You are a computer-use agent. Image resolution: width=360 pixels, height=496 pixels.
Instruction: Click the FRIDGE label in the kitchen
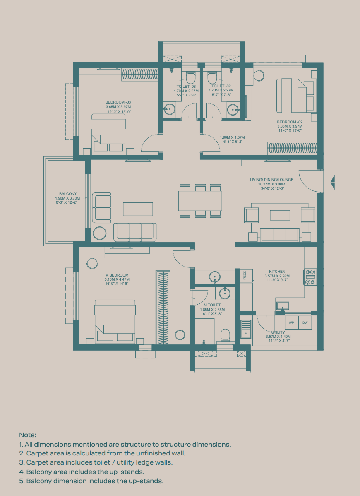(245, 275)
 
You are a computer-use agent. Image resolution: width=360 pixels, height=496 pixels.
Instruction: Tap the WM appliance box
(292, 323)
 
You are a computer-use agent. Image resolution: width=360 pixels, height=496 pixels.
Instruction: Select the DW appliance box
(305, 323)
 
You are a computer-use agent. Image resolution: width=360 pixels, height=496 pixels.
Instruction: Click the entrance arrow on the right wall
(332, 182)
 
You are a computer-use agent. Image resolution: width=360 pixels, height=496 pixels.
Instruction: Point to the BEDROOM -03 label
(118, 102)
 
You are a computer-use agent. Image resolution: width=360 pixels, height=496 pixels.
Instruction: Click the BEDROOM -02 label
(290, 122)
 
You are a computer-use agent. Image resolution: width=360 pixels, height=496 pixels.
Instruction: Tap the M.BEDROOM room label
(117, 275)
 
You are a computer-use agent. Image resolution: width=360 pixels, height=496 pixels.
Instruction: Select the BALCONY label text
(68, 194)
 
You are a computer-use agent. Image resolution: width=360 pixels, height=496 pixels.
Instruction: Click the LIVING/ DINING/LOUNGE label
(271, 180)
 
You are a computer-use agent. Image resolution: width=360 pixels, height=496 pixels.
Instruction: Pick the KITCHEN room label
(277, 272)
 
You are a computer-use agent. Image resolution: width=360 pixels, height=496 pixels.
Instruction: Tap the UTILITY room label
(278, 332)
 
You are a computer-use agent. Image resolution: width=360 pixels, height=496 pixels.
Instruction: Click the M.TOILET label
(212, 305)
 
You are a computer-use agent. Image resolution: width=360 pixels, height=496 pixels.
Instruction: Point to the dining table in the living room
(200, 201)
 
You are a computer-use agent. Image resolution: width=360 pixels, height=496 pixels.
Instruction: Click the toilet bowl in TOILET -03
(191, 77)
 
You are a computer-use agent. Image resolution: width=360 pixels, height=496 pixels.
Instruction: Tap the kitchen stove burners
(311, 277)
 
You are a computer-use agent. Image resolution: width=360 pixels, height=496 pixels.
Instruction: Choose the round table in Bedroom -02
(259, 76)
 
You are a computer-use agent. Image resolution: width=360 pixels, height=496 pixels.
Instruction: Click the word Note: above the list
(28, 435)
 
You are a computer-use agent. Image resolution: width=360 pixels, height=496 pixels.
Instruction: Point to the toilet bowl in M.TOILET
(226, 335)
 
